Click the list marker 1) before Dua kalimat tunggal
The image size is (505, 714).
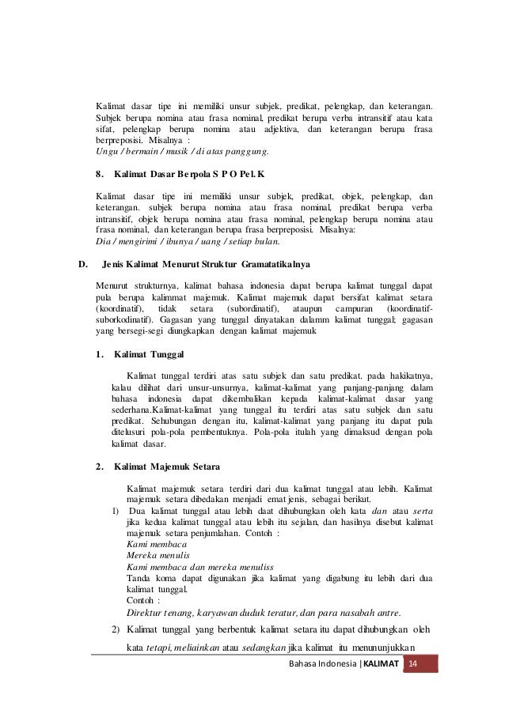(x=116, y=510)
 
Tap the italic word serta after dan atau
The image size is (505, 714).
(x=423, y=510)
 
